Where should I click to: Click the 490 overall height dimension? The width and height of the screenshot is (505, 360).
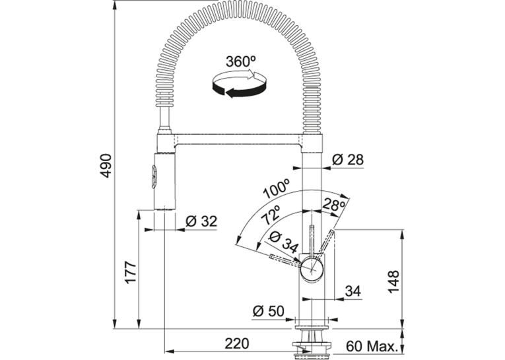click(x=106, y=166)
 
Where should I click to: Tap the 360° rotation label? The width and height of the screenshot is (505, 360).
click(x=240, y=61)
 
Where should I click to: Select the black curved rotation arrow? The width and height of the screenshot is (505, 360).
click(x=239, y=89)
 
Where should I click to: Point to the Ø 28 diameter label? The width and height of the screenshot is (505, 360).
click(x=347, y=160)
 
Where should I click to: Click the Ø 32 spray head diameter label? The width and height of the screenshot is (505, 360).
click(x=201, y=221)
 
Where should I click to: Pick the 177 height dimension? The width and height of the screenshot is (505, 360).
click(x=131, y=272)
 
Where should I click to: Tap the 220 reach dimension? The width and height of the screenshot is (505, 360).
click(x=237, y=343)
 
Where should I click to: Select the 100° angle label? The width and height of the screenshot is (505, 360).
click(x=276, y=188)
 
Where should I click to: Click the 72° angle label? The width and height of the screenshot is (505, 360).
click(x=270, y=215)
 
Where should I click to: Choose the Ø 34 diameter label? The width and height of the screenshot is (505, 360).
click(x=283, y=241)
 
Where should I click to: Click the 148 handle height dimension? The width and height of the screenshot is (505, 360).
click(x=393, y=281)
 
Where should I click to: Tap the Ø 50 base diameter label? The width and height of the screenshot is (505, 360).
click(x=269, y=311)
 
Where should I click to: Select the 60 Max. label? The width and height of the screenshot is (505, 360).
click(x=371, y=347)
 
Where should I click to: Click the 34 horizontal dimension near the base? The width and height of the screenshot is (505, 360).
click(x=353, y=291)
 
